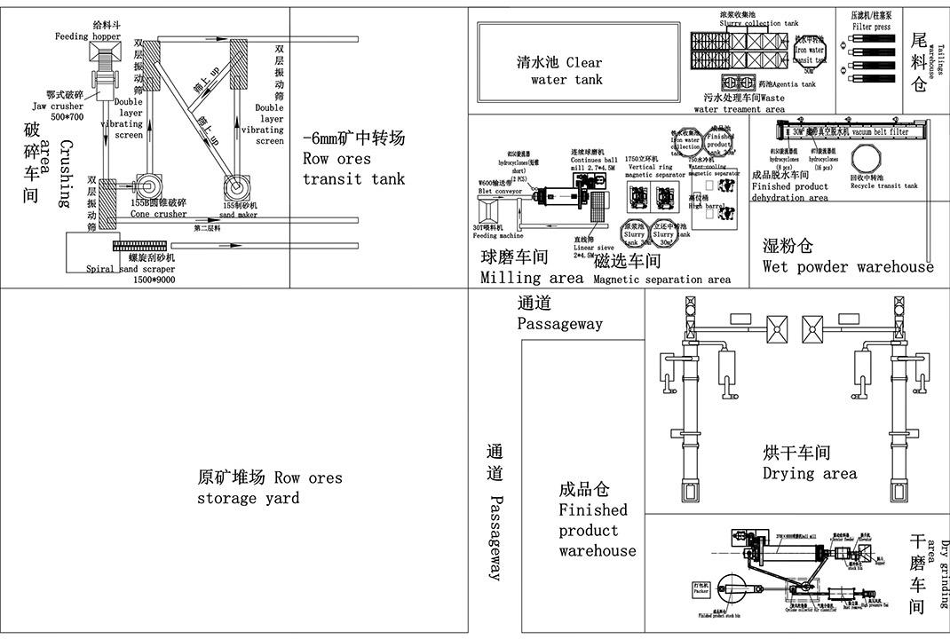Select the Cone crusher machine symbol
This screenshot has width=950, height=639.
146,186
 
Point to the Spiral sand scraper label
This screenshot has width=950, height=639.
131,274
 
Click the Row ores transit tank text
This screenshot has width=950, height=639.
353,160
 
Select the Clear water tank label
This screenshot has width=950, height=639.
559,71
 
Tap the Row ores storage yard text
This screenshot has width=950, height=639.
269,488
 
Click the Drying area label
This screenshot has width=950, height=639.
810,463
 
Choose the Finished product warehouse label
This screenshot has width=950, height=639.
597,520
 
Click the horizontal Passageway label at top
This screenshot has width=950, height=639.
559,314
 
